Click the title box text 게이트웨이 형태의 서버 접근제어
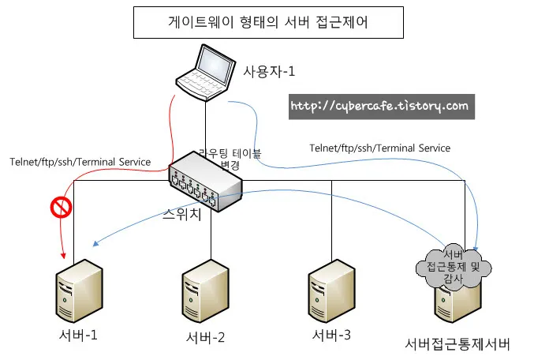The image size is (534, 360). click(x=267, y=23)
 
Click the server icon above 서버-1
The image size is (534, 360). click(x=77, y=291)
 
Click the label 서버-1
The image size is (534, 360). click(x=77, y=335)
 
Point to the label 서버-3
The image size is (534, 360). click(x=331, y=335)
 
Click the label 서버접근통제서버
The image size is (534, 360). click(x=457, y=344)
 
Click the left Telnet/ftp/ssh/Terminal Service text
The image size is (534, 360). click(x=80, y=162)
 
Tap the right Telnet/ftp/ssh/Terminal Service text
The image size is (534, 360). click(x=379, y=148)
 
